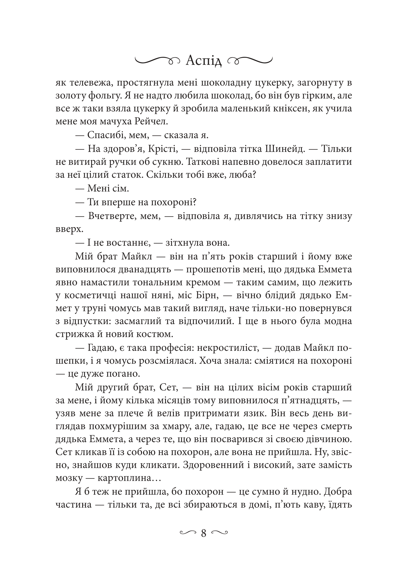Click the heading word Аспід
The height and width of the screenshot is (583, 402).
pos(203,61)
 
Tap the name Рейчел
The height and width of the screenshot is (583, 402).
pos(151,122)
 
